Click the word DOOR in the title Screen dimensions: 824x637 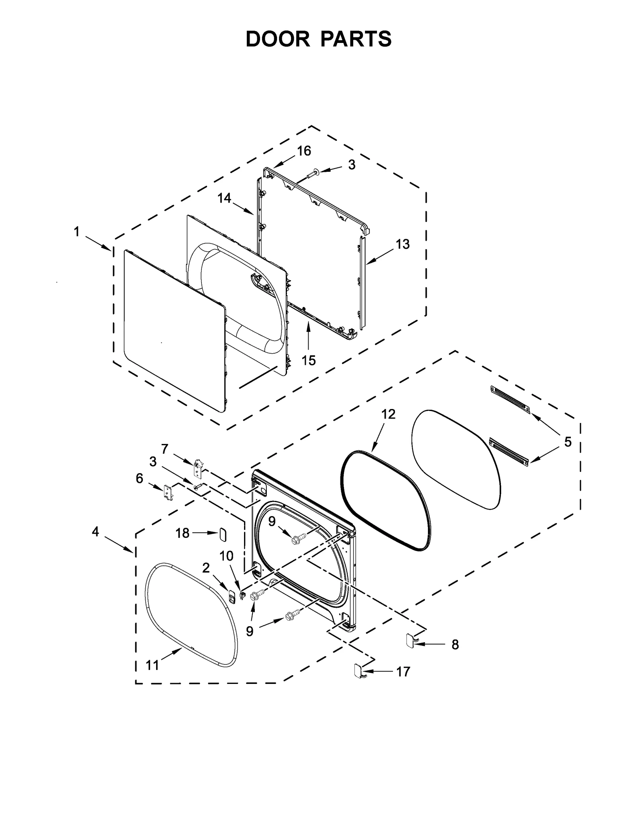[277, 39]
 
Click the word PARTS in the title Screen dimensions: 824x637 [356, 39]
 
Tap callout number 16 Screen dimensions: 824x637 [304, 151]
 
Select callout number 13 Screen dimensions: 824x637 [403, 244]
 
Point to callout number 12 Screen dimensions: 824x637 [388, 414]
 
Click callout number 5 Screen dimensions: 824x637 [568, 442]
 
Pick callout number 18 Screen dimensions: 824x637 [182, 533]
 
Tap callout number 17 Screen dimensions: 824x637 [403, 672]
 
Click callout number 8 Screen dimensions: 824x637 [455, 644]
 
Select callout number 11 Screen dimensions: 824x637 [152, 665]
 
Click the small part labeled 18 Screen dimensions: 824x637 [223, 534]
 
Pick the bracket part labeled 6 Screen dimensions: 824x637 [168, 493]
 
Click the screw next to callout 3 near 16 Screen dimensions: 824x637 [312, 173]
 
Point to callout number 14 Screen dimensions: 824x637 [224, 198]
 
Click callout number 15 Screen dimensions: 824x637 [309, 360]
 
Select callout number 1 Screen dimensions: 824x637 [76, 232]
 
